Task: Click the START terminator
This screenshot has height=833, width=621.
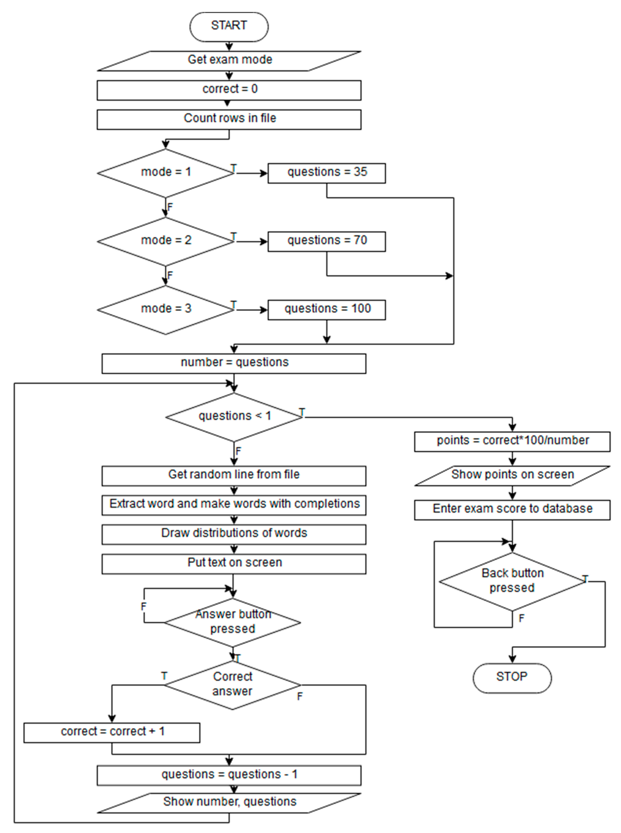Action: pyautogui.click(x=229, y=26)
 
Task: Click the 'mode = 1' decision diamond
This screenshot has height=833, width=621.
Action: pyautogui.click(x=166, y=173)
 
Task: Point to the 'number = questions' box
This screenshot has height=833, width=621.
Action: pyautogui.click(x=234, y=363)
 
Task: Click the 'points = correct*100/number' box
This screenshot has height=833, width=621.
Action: pyautogui.click(x=512, y=441)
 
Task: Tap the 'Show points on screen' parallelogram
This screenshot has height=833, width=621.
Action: pyautogui.click(x=512, y=475)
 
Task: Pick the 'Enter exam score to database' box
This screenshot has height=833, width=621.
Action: pyautogui.click(x=512, y=510)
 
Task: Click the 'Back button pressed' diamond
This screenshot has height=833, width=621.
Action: pyautogui.click(x=512, y=581)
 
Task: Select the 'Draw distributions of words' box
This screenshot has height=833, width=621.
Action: pyautogui.click(x=234, y=534)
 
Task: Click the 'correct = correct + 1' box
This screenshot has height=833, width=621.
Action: pyautogui.click(x=112, y=732)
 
